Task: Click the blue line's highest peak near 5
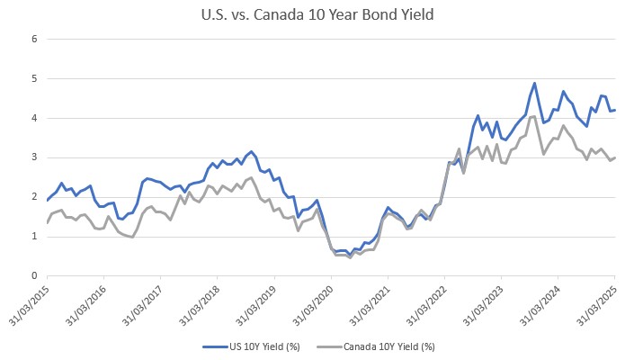click(534, 83)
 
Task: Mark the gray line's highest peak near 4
click(534, 116)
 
